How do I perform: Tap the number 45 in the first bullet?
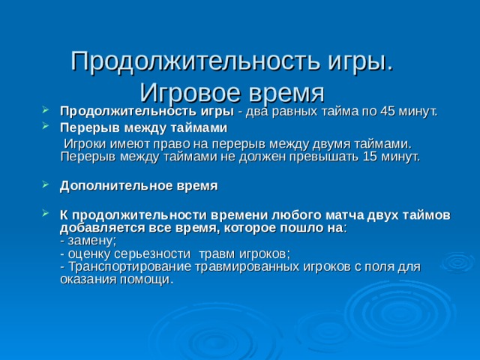tap(389, 112)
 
